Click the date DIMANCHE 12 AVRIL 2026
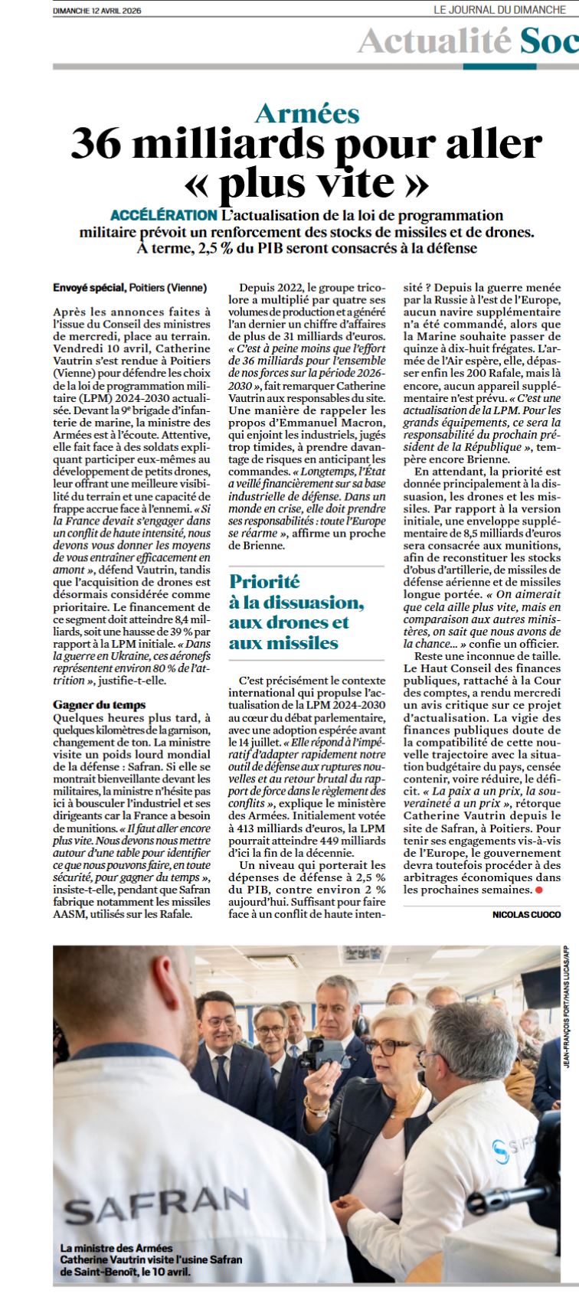pyautogui.click(x=97, y=11)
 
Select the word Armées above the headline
pyautogui.click(x=307, y=114)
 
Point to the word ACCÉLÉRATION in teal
pyautogui.click(x=163, y=215)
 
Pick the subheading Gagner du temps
pyautogui.click(x=100, y=704)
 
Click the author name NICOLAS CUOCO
pyautogui.click(x=526, y=914)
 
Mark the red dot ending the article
pyautogui.click(x=538, y=890)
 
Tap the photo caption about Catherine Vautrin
pyautogui.click(x=151, y=1259)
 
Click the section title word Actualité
pyautogui.click(x=434, y=40)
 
